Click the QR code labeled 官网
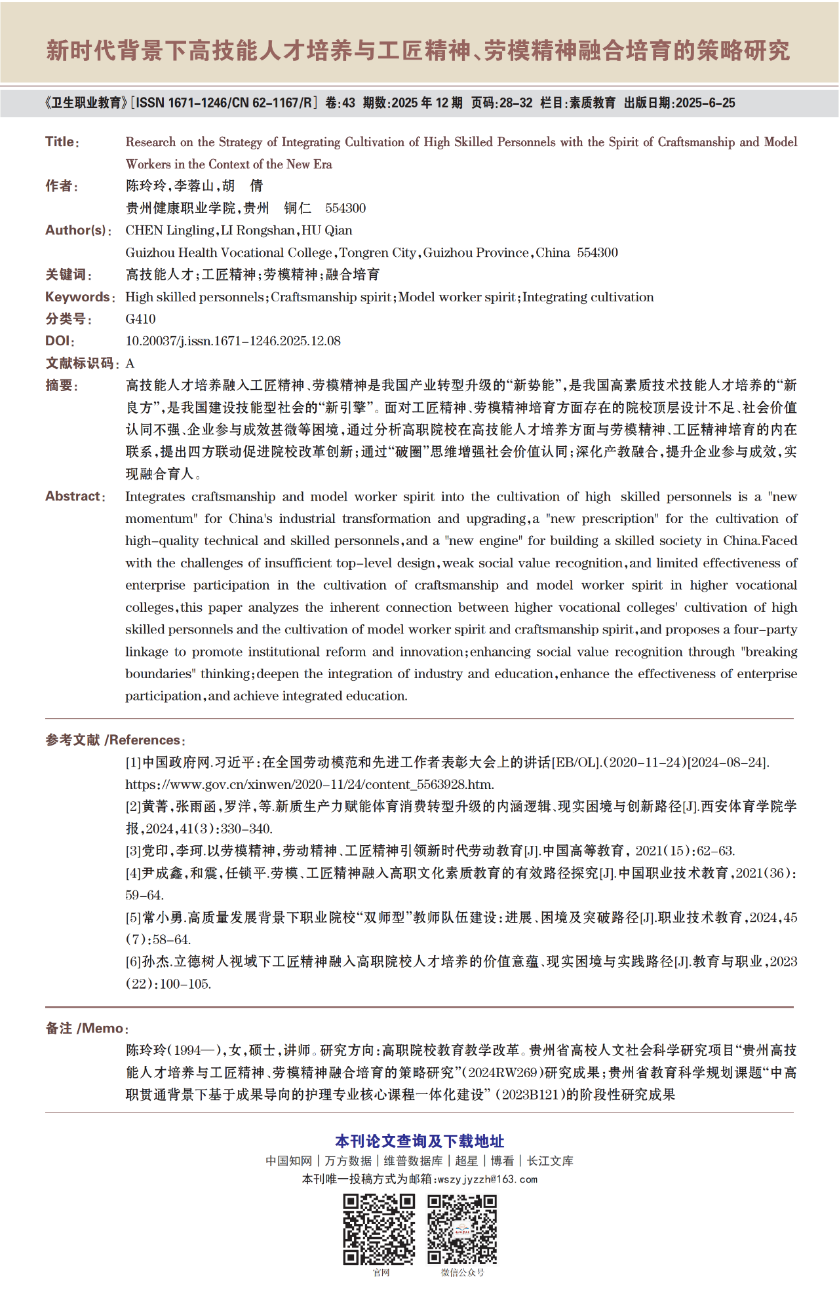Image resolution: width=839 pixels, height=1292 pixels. pos(379,1229)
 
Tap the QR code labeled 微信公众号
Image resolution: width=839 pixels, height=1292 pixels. pos(462,1229)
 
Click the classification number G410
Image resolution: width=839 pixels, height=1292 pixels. pos(140,319)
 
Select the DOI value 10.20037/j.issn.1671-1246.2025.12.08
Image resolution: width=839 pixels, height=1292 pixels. pos(233,341)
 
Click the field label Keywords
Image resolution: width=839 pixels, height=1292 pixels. pos(77,297)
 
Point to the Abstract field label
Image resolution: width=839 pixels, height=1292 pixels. pos(72,497)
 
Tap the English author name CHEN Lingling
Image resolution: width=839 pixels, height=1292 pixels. pos(169,231)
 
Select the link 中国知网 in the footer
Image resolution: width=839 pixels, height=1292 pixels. pos(289,1161)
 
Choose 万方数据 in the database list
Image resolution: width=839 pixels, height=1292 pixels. pos(348,1161)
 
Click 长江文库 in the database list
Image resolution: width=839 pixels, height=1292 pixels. pos(550,1161)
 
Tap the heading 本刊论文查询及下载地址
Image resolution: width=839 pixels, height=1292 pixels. pos(419,1141)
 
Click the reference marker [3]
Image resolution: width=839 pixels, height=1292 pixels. pos(133,851)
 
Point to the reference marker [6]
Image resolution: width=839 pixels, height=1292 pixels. pos(133,962)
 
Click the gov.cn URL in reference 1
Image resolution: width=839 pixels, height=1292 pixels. pos(309,785)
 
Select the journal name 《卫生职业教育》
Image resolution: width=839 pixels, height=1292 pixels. pos(85,103)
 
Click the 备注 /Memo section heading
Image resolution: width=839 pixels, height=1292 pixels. pos(85,1029)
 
